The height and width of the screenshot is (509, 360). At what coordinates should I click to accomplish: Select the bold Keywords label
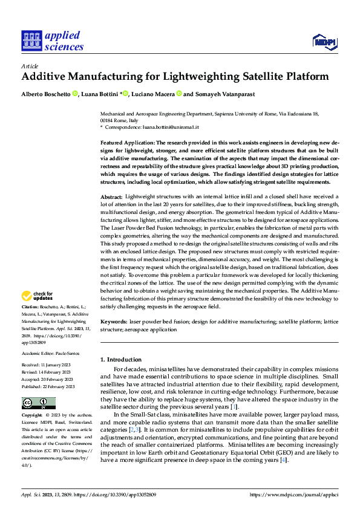114,322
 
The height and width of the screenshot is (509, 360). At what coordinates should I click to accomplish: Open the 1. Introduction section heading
121,360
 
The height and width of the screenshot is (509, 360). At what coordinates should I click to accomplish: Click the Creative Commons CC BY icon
38,403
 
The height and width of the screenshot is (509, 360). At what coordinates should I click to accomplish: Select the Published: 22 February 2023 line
48,386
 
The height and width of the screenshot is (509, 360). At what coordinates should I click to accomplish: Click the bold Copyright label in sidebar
33,416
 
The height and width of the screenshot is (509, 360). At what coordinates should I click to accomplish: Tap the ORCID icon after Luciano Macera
180,94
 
